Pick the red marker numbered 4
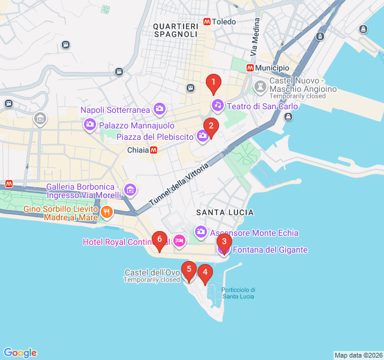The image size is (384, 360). point(205,274)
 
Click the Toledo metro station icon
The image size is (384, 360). point(207,22)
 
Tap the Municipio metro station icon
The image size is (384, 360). point(250,68)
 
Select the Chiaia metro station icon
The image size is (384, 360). point(154,150)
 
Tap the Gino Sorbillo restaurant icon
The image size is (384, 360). point(107,211)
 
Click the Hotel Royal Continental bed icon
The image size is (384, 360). point(179,241)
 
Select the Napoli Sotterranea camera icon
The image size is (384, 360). point(160,109)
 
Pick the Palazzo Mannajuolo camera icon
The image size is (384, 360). point(90,125)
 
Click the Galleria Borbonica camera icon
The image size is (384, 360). point(130,191)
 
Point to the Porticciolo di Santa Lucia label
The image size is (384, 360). point(238,293)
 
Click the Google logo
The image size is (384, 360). point(20,353)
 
